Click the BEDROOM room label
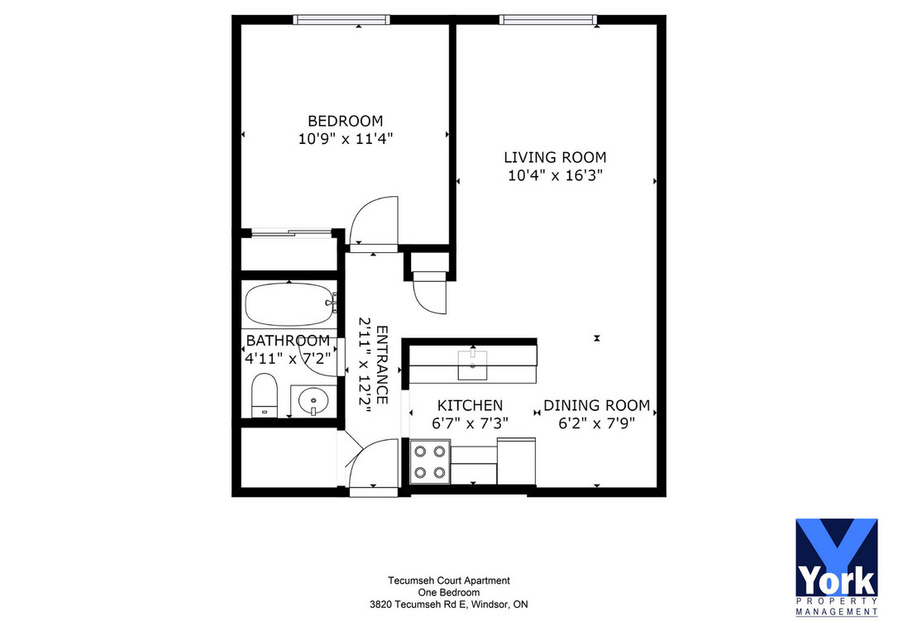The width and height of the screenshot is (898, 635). click(346, 121)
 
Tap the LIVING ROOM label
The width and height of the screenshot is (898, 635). click(555, 157)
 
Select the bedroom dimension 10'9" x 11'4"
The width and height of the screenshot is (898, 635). click(346, 139)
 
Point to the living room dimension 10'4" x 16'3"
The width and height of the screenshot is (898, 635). click(555, 175)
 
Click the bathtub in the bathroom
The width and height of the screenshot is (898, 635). click(289, 304)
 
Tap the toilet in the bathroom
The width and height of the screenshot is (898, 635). click(264, 395)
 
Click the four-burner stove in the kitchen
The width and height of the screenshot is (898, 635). click(430, 461)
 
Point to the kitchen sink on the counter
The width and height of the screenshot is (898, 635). click(472, 365)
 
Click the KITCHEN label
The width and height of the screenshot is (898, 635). click(470, 405)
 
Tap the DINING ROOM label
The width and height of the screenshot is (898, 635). click(596, 405)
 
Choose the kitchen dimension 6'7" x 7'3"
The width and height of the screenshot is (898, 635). click(470, 423)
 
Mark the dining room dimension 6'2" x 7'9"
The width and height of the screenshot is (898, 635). click(596, 423)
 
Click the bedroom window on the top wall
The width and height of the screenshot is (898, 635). click(342, 20)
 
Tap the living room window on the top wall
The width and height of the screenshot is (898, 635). click(548, 20)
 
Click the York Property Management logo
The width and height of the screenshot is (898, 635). click(836, 567)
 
